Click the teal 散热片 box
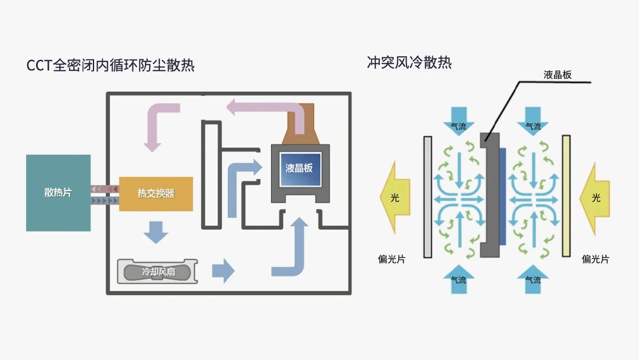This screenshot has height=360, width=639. point(58,192)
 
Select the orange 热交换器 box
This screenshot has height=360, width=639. point(156,194)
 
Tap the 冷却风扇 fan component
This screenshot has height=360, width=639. point(157,272)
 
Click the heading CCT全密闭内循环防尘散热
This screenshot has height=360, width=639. point(111,65)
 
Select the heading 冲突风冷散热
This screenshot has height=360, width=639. point(409,62)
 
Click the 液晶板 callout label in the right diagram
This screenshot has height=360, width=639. point(557,75)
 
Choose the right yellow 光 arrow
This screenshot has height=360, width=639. point(595,197)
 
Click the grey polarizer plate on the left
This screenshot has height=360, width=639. point(427,197)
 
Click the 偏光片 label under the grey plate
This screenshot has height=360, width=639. point(391,259)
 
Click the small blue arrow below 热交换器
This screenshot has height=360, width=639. point(156,231)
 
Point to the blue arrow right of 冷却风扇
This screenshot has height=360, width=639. point(223,271)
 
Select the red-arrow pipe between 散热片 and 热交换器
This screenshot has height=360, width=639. point(105,189)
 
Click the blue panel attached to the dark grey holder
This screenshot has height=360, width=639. point(502,197)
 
